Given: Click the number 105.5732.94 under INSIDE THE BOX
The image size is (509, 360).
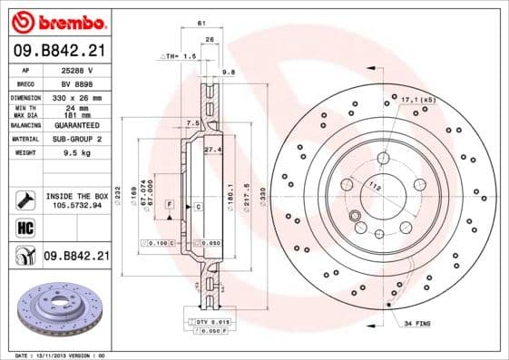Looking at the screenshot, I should pos(76,205).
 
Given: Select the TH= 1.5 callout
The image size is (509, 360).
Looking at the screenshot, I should pos(178,56).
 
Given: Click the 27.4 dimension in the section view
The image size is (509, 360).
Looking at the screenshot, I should pos(212,149).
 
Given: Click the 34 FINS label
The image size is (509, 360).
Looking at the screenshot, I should pos(418,323).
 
